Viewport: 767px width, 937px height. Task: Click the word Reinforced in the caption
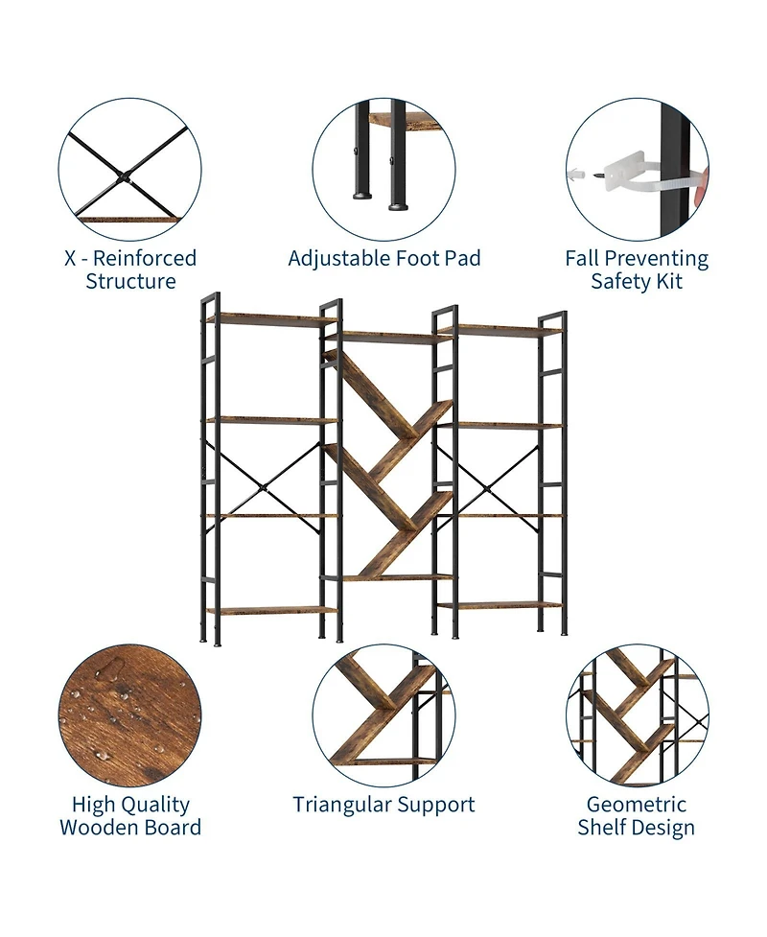coord(145,258)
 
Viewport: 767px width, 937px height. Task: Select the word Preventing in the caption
coord(658,259)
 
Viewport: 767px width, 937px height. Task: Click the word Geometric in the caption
coord(637,805)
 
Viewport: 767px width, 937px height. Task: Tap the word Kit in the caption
coord(669,281)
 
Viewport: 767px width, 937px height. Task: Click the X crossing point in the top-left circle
coord(125,177)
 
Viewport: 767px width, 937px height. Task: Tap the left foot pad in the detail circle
coord(360,196)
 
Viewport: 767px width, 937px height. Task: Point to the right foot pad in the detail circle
coord(398,206)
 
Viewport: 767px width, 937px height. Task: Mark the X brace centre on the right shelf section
coord(488,490)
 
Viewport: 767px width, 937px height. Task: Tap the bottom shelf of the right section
coord(500,606)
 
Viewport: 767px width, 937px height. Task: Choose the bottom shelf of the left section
coord(272,611)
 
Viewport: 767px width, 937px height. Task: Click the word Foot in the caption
coord(416,258)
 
